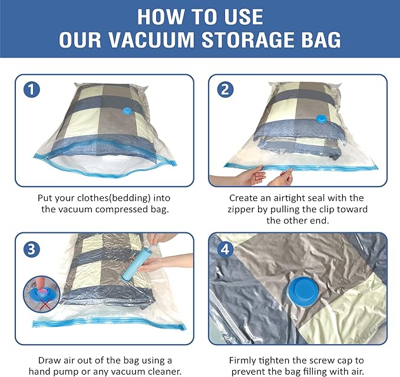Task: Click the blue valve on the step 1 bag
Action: click(126, 112)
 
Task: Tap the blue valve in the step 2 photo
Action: click(323, 119)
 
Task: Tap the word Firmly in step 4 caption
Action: click(244, 360)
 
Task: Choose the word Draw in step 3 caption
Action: click(49, 360)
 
